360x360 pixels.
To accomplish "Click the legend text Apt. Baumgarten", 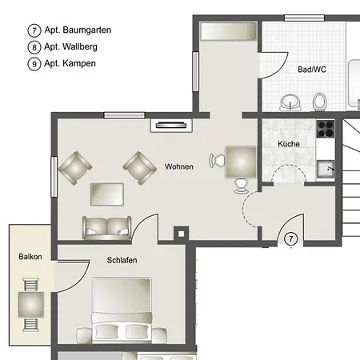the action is coord(78,30).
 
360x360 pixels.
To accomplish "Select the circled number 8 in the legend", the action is coord(34,47).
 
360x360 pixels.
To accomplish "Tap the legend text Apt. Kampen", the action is coord(70,63).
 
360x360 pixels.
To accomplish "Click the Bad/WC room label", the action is coord(312,70).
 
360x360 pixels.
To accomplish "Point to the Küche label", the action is coord(289,144).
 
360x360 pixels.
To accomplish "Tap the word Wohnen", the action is coord(179,166).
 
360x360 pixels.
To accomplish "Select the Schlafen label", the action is coord(122,260).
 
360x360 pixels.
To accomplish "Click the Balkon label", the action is coord(30,257).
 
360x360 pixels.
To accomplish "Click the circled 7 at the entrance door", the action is coord(290,238).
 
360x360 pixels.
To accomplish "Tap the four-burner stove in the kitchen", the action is coord(326,129).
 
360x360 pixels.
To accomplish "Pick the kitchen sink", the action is coord(326,168).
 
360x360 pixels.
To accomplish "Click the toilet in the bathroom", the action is coord(319,102).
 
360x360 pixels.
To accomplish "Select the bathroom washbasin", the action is coord(290,102).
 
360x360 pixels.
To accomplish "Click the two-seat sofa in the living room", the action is coord(106,228).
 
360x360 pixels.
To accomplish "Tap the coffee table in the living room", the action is coord(107,194).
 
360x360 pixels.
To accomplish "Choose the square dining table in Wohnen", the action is coord(241,162).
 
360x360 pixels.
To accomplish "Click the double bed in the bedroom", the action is coord(122,310).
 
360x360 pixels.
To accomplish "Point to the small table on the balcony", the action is coord(31,305).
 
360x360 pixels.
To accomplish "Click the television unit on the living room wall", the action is coord(171,126).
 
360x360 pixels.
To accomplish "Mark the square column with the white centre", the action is coord(181,234).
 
